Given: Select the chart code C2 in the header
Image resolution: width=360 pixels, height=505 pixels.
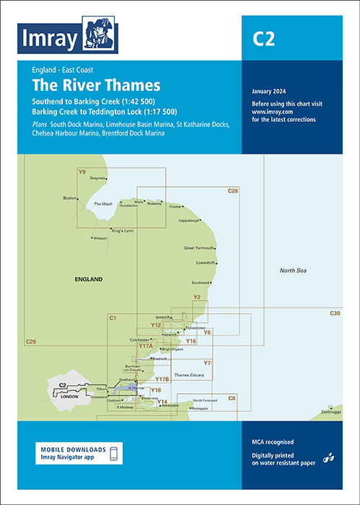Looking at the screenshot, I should pos(263,40).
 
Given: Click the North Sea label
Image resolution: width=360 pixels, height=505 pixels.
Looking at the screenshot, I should pos(294,270).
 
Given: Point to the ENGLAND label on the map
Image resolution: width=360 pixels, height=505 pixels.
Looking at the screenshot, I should pos(88,278).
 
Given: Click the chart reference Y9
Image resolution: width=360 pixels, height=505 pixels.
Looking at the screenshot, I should pos(82,172).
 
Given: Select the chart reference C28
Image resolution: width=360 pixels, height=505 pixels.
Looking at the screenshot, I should pos(232,190).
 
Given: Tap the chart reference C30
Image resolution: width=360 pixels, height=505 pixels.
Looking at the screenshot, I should pos(335,312).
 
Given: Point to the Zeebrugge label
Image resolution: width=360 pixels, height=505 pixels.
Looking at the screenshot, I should pos(333,412).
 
